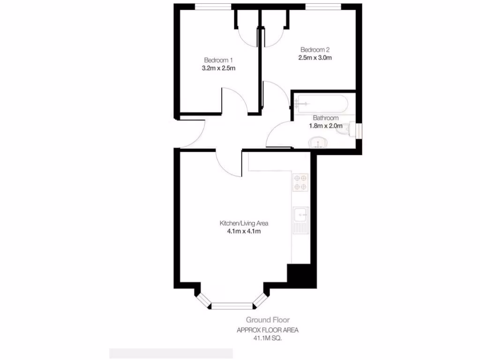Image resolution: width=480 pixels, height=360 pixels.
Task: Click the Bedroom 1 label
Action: [218, 60]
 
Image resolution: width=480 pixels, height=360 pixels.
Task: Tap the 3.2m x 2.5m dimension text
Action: [218, 68]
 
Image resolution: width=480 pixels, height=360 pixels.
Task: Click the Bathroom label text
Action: [325, 118]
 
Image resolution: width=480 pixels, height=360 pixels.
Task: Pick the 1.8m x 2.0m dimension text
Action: [325, 126]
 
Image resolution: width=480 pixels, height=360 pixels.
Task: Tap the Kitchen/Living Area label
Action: [244, 223]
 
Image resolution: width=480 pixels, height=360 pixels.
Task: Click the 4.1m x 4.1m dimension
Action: [244, 231]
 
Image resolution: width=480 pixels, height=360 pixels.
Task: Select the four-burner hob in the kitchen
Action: [300, 183]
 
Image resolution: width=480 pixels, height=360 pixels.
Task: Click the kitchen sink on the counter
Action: [300, 216]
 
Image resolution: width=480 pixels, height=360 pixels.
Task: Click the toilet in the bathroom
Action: [349, 130]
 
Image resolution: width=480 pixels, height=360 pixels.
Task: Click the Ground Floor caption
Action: [268, 321]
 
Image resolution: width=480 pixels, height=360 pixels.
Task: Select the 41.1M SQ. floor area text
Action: [268, 337]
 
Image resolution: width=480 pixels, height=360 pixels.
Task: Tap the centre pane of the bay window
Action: [232, 306]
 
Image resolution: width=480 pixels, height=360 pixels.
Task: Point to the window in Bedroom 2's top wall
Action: [323, 6]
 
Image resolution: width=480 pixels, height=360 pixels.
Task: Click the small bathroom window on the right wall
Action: [359, 130]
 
